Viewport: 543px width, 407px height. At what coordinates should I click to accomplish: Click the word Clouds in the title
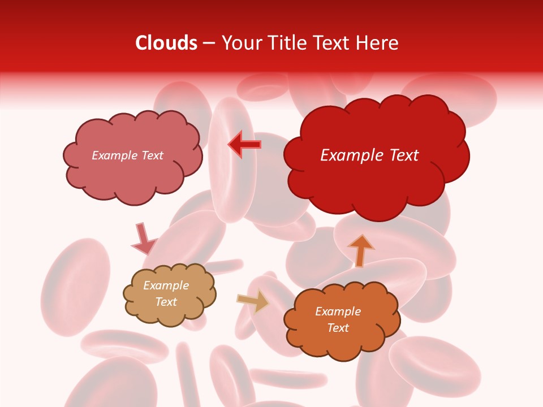coord(166,43)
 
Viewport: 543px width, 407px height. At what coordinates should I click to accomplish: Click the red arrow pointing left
coord(245,145)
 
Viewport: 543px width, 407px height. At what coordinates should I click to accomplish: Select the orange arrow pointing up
coord(360,250)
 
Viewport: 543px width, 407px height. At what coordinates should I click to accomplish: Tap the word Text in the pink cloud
coord(151,155)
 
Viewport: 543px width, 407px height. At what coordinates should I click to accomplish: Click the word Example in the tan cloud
coord(166,286)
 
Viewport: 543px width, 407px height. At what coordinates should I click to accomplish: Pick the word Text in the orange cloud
coord(338,328)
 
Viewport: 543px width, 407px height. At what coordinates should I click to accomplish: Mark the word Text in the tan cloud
coord(166,302)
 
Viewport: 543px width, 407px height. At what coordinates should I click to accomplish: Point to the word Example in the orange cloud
coord(338,311)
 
